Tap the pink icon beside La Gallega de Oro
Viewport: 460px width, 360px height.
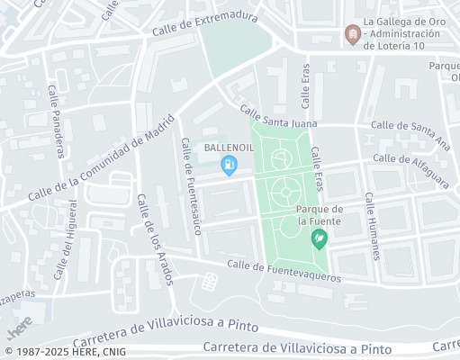click(353, 35)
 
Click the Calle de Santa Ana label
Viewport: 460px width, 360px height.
click(410, 131)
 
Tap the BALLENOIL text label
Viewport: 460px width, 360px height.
click(229, 147)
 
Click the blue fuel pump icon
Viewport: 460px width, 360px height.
click(230, 165)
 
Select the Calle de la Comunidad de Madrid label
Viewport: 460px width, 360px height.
click(99, 163)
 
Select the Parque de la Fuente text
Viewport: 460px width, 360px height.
click(318, 214)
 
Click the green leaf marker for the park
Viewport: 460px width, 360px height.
click(318, 239)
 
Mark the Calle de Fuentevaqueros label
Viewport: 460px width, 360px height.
click(284, 271)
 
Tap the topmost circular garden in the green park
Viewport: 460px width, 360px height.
click(282, 158)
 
